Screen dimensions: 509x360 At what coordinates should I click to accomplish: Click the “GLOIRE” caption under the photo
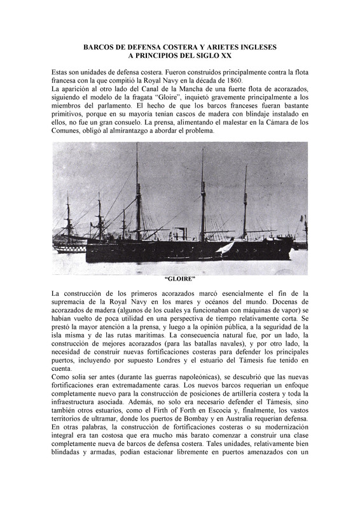pos(179,279)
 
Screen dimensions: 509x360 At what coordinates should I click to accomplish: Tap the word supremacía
pos(73,301)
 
